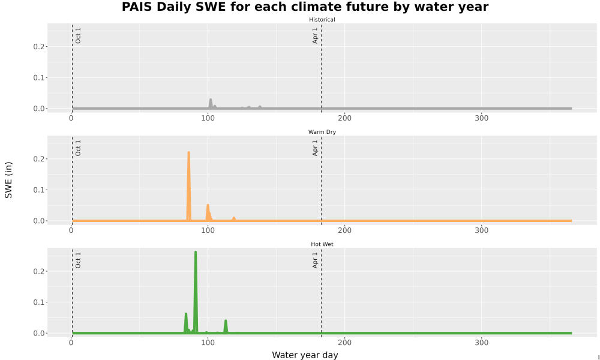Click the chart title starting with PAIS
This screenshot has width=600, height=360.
pyautogui.click(x=305, y=7)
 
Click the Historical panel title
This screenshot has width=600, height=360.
pyautogui.click(x=322, y=20)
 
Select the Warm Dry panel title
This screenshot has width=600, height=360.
pyautogui.click(x=322, y=132)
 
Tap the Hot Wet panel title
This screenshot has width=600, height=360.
pyautogui.click(x=322, y=244)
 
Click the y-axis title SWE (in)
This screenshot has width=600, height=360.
pyautogui.click(x=8, y=180)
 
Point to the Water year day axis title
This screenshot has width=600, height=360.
pyautogui.click(x=305, y=355)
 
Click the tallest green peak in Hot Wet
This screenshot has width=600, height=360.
pyautogui.click(x=196, y=253)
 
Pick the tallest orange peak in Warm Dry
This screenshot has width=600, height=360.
pyautogui.click(x=188, y=153)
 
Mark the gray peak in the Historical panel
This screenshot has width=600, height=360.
pyautogui.click(x=211, y=100)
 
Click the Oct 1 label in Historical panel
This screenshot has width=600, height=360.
pyautogui.click(x=78, y=35)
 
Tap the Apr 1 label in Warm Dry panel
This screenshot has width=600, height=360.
pyautogui.click(x=315, y=148)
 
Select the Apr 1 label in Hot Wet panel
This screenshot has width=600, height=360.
pyautogui.click(x=315, y=260)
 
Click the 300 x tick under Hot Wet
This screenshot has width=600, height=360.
pyautogui.click(x=481, y=343)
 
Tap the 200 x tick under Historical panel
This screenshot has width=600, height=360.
pyautogui.click(x=344, y=118)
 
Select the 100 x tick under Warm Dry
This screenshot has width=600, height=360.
pyautogui.click(x=208, y=230)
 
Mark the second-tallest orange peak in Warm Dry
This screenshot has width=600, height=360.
pyautogui.click(x=208, y=206)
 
